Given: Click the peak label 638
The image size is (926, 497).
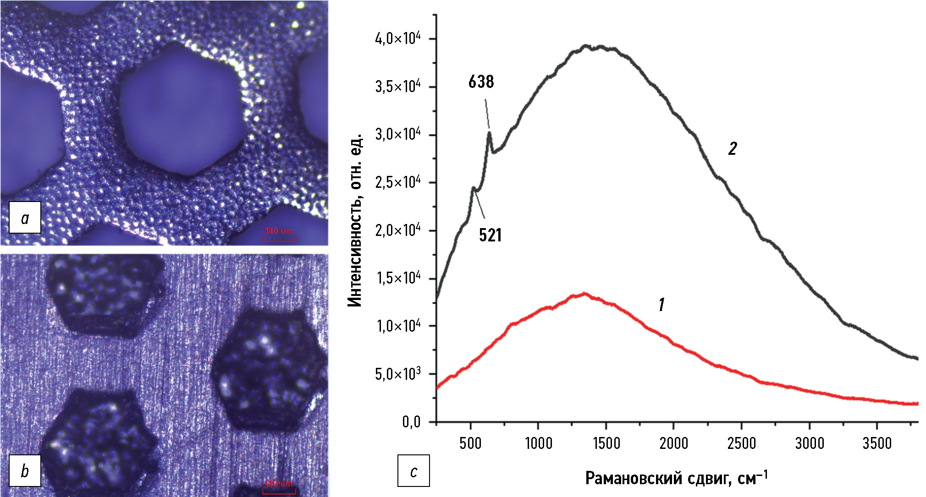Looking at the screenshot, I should (481, 82).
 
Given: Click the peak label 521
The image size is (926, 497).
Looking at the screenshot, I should (490, 235).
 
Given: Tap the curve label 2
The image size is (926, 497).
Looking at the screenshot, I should (733, 149).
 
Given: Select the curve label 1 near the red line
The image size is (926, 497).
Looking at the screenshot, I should (661, 305).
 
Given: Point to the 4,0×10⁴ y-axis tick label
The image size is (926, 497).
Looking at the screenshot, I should (397, 39).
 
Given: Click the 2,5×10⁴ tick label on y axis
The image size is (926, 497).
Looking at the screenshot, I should (397, 183).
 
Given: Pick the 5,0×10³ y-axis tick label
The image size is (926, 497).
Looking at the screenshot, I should (397, 374).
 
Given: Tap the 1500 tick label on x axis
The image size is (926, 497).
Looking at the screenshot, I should (606, 443).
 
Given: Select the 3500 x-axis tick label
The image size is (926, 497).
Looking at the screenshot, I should (876, 443).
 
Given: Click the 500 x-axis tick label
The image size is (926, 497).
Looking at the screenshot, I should (470, 443).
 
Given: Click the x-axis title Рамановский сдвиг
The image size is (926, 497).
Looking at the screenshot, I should (676, 478).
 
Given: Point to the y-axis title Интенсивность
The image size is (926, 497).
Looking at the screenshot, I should (355, 220).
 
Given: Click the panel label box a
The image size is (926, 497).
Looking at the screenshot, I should (25, 218).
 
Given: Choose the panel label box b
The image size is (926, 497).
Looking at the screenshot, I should (25, 470).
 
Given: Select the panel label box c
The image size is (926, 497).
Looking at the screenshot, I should (413, 470).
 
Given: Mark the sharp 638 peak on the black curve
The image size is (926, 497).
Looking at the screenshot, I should (490, 133).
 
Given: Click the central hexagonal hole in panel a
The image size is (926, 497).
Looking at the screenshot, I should (181, 109).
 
